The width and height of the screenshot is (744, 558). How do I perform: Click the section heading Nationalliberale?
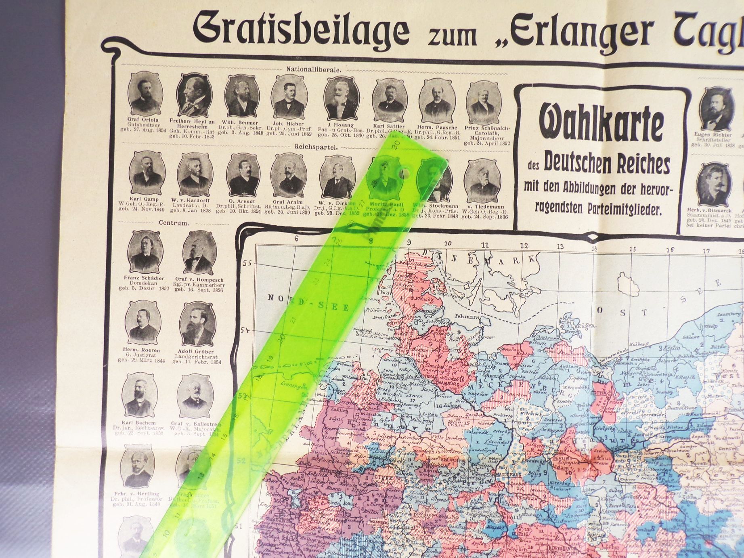pos(314,69)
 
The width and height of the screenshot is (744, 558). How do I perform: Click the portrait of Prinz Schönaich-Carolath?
pos(483,100)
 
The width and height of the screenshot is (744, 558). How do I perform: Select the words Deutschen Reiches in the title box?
pos(607,164)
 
